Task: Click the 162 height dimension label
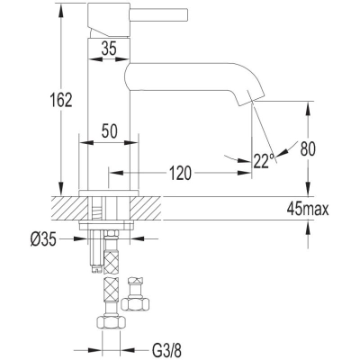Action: coord(61,100)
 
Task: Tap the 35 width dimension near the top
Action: coord(109,49)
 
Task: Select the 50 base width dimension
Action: coord(109,131)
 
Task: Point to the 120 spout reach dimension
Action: coord(180,173)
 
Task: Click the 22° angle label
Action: coord(264,161)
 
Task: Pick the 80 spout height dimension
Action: coord(308,148)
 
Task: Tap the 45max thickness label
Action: coord(308,209)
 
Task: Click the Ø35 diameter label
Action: coord(43,239)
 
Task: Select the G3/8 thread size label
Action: coord(166,350)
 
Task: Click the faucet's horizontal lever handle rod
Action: coord(158,14)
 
